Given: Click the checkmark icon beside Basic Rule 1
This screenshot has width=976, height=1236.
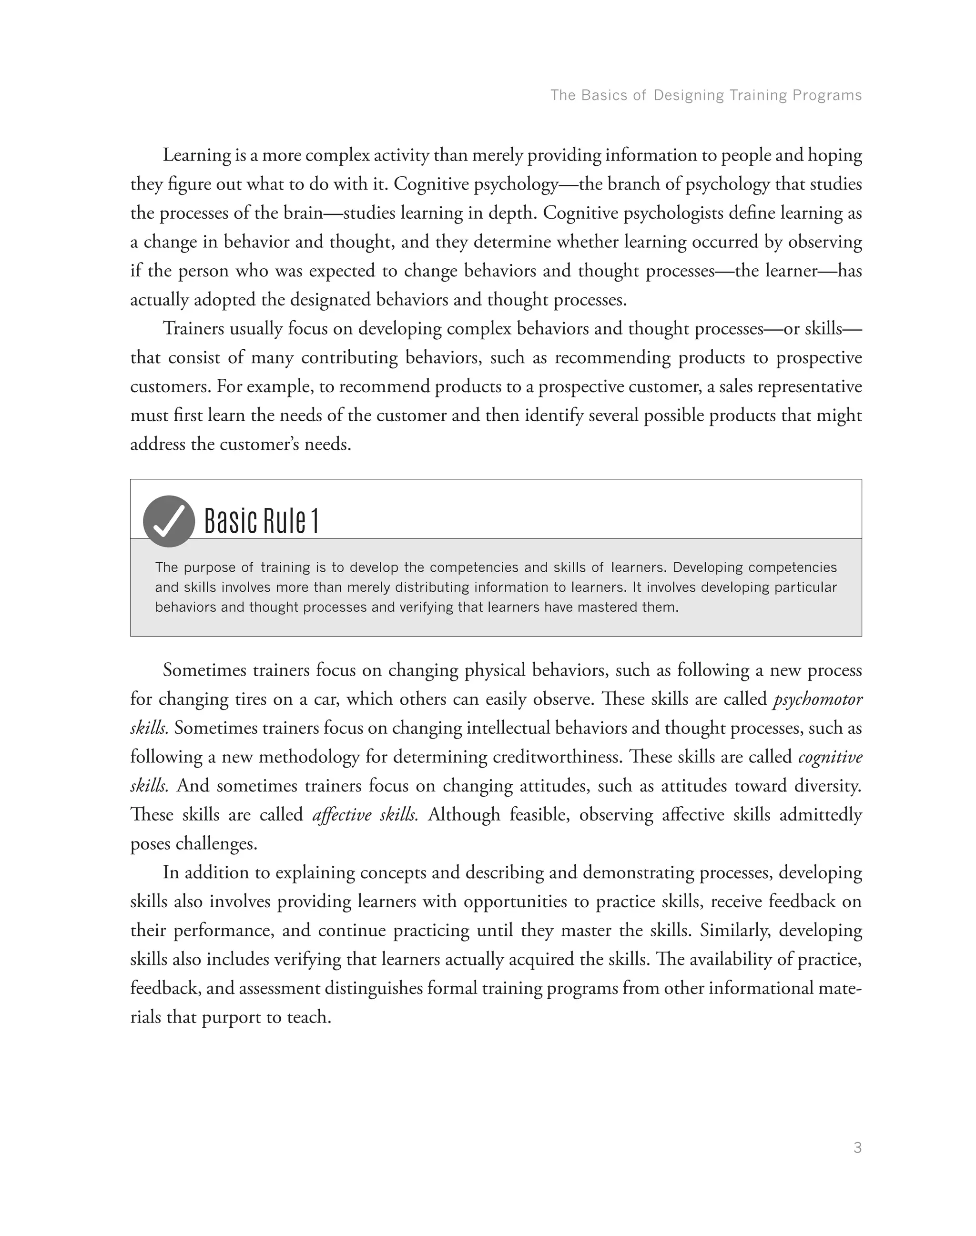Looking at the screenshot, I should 169,521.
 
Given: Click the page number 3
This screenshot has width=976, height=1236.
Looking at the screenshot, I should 857,1147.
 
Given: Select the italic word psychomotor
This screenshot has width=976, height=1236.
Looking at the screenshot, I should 818,699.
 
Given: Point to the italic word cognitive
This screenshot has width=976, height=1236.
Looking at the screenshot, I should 830,757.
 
